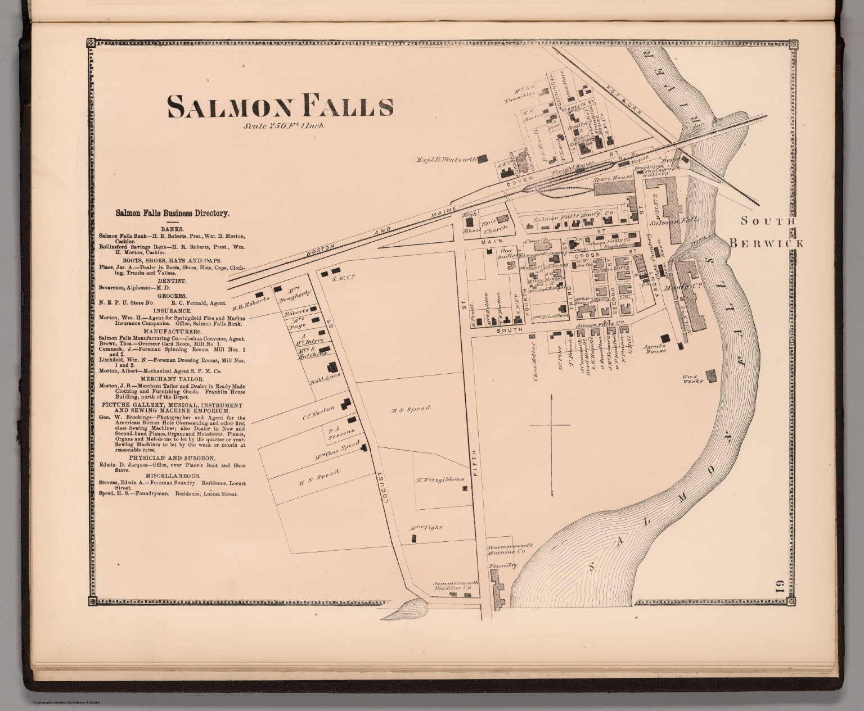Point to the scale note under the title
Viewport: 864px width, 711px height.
[284, 126]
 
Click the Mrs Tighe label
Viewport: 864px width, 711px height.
[426, 527]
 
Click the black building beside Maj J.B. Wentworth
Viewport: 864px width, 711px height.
[482, 159]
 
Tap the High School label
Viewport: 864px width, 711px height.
[469, 223]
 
